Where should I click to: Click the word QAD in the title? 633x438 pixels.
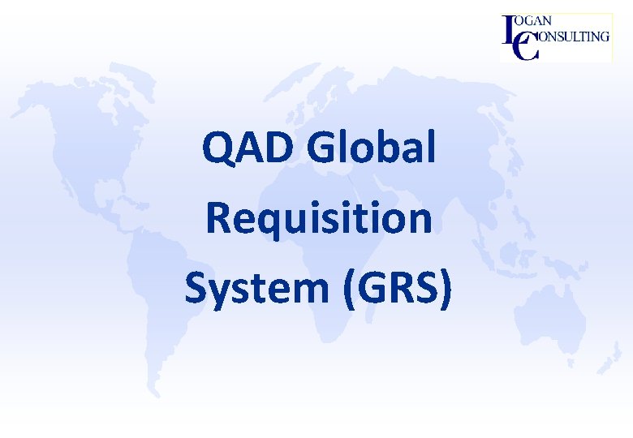pos(240,148)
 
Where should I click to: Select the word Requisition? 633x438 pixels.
pos(318,219)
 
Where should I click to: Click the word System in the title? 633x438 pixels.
pos(256,288)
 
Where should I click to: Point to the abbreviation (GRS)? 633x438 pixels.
pos(397,290)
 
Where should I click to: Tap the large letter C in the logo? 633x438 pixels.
pos(526,47)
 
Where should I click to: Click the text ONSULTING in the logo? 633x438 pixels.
pos(572,36)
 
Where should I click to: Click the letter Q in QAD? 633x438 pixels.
pos(217,148)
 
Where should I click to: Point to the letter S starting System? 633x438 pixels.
pos(195,288)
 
